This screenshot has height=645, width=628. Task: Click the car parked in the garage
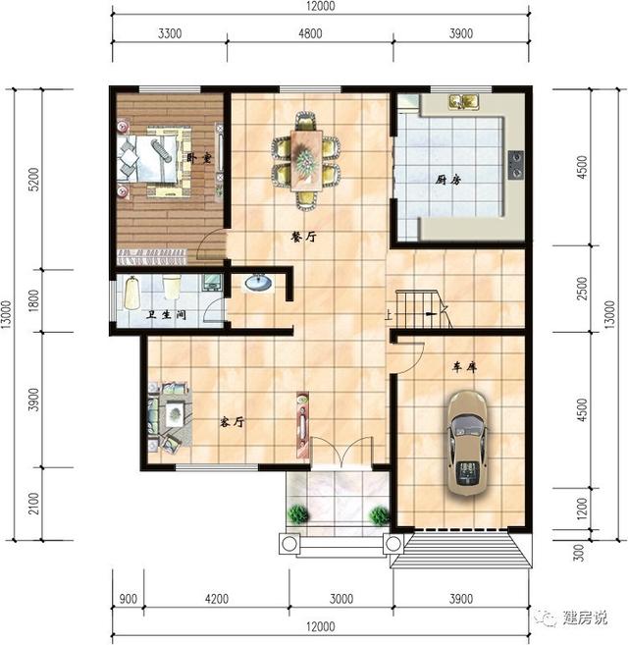click(467, 443)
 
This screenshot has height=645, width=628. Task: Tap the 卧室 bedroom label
click(199, 158)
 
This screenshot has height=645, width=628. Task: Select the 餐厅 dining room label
click(303, 237)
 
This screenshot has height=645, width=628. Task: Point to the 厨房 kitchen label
click(448, 180)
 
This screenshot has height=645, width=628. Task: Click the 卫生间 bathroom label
click(167, 315)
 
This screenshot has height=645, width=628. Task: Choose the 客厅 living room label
click(232, 421)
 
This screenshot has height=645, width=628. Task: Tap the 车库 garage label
click(465, 367)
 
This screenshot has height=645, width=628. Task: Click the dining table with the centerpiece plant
click(305, 160)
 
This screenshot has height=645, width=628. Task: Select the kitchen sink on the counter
click(464, 101)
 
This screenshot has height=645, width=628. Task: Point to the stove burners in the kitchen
click(516, 165)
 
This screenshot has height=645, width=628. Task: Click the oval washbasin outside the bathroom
click(258, 283)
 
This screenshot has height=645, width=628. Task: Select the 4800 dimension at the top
click(310, 33)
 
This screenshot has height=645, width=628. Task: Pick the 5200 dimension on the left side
click(34, 179)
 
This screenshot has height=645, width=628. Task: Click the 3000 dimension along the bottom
click(340, 599)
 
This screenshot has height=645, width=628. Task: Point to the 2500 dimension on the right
click(582, 288)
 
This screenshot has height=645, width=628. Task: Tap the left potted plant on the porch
click(297, 513)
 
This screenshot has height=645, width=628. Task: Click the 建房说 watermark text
click(585, 618)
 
